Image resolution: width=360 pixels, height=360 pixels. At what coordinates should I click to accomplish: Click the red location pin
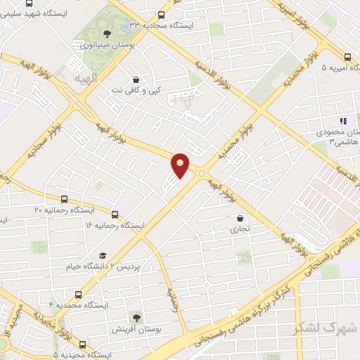[180, 165]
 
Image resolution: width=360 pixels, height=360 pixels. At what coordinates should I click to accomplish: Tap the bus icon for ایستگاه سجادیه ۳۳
[161, 14]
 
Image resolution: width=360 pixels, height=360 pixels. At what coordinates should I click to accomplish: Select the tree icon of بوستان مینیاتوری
[106, 33]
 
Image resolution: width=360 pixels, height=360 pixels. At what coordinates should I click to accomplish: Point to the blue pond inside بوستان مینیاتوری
[131, 26]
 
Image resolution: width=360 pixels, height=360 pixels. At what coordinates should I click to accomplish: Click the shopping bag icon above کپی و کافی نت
[136, 79]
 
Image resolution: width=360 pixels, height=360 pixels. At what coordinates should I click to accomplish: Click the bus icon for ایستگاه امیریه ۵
[347, 58]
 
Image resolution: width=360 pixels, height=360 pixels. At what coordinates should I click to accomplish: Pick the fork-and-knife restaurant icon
[343, 122]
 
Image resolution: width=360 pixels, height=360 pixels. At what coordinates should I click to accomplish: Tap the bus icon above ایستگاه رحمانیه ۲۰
[65, 200]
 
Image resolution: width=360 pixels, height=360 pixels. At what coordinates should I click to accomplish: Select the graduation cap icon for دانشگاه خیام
[103, 257]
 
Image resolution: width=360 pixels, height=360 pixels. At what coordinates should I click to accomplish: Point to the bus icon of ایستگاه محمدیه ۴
[78, 295]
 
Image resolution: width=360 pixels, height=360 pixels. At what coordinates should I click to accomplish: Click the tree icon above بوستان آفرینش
[136, 317]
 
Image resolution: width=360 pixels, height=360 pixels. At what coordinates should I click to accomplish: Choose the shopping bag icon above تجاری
[240, 218]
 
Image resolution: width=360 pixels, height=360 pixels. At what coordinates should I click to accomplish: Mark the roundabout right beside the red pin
[202, 173]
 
